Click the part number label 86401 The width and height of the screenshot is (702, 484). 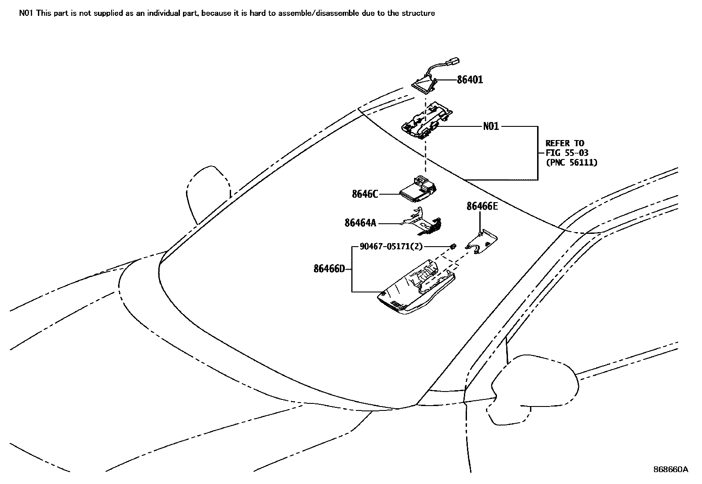click(470, 80)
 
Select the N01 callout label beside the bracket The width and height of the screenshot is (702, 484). click(491, 126)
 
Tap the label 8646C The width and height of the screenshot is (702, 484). click(365, 194)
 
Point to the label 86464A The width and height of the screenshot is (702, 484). click(360, 223)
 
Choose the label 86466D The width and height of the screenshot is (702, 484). click(329, 268)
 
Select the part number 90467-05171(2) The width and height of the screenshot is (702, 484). click(391, 247)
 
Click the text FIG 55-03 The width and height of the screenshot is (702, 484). click(567, 153)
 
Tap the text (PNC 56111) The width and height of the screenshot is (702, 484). click(571, 163)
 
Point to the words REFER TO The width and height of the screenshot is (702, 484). click(564, 143)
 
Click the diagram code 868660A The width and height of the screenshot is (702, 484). click(670, 469)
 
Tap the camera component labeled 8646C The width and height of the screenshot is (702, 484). click(419, 191)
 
